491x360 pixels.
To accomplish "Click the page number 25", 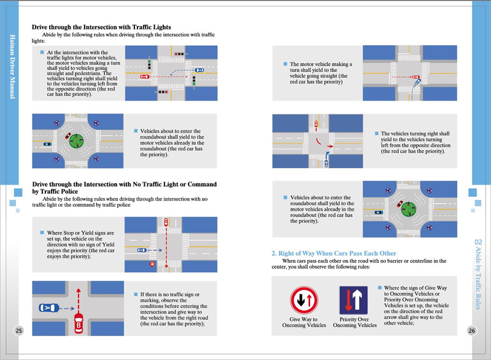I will pyautogui.click(x=18, y=331).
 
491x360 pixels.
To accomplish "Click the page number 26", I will pyautogui.click(x=471, y=331).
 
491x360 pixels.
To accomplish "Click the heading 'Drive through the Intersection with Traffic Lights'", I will pyautogui.click(x=101, y=28).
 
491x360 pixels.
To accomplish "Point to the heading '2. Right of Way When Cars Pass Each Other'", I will pyautogui.click(x=334, y=253).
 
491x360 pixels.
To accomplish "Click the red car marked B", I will pyautogui.click(x=79, y=321).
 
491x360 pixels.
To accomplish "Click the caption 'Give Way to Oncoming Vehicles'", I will pyautogui.click(x=303, y=322).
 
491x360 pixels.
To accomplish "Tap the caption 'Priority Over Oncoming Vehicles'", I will pyautogui.click(x=355, y=322).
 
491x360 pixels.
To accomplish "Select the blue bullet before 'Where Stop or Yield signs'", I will pyautogui.click(x=42, y=233).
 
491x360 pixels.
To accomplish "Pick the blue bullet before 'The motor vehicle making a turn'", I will pyautogui.click(x=286, y=63).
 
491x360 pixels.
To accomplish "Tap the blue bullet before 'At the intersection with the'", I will pyautogui.click(x=42, y=53).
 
